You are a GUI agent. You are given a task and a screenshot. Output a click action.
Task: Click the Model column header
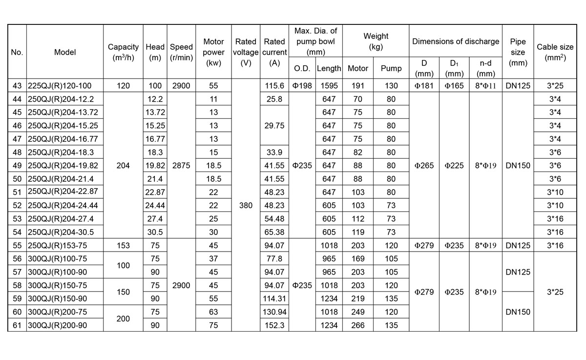[65, 52]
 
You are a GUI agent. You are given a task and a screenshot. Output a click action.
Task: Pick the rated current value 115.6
[274, 86]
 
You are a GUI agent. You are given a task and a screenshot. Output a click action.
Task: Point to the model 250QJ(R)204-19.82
[63, 166]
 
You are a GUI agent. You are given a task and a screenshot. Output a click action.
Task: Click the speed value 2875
[181, 166]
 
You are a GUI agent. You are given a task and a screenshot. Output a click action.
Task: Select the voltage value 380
[246, 206]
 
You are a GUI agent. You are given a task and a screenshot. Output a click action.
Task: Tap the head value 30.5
[155, 232]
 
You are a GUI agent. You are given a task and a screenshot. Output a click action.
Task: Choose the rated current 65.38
[274, 232]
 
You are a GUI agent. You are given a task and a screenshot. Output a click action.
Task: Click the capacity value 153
[124, 246]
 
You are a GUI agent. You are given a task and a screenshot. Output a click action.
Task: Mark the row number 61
[17, 325]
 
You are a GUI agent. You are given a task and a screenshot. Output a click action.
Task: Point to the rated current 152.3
[274, 325]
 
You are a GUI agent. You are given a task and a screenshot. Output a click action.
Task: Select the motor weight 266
[357, 325]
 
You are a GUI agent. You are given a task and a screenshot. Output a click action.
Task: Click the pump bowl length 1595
[329, 86]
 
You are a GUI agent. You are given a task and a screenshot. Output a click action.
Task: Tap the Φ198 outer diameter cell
[302, 86]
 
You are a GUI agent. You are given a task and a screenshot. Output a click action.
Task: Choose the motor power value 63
[213, 312]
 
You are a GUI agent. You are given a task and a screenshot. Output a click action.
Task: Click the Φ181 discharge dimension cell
[424, 86]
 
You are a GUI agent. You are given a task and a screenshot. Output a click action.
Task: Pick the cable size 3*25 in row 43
[555, 86]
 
